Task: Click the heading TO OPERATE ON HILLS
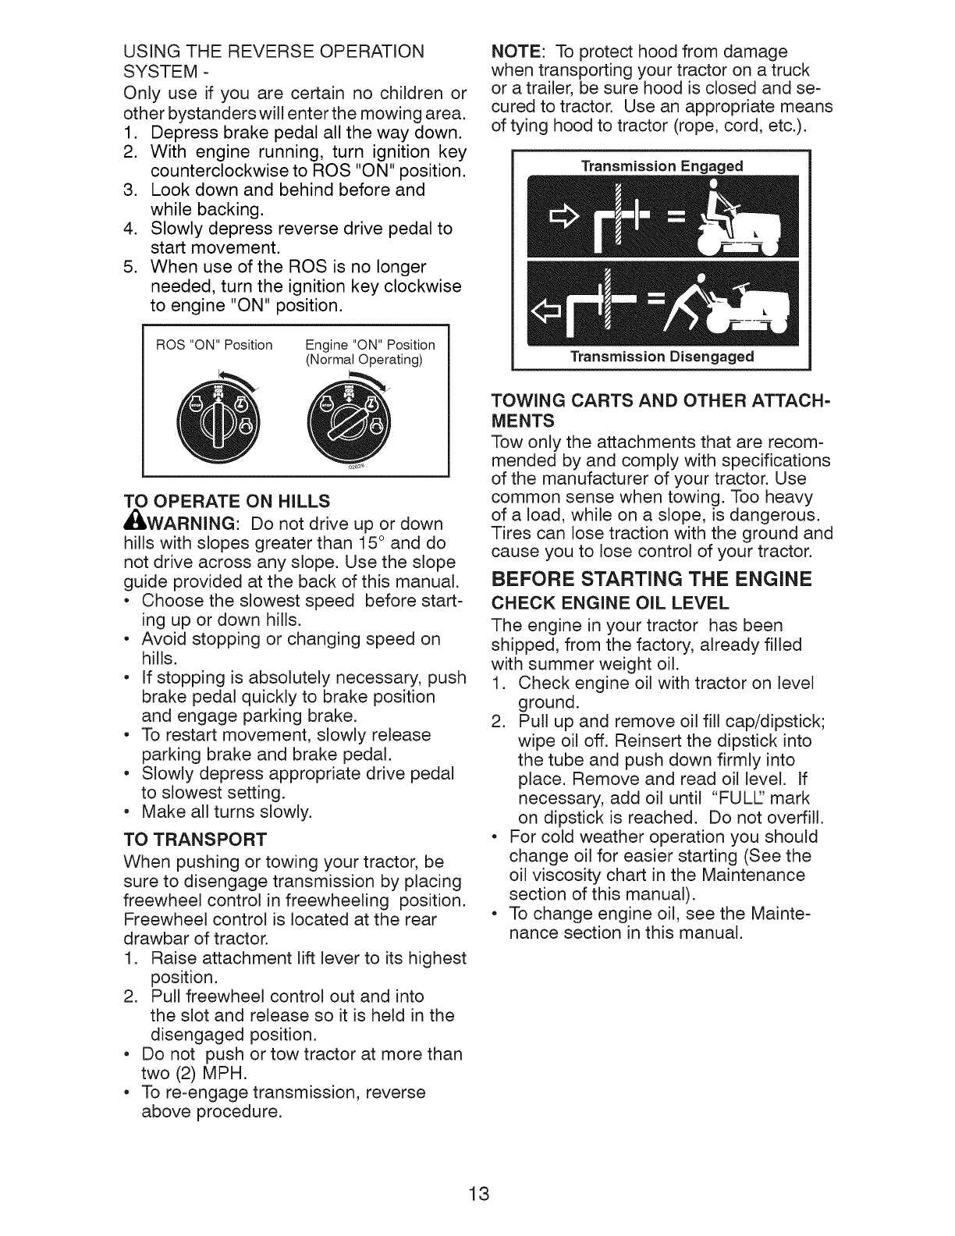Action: pos(227,500)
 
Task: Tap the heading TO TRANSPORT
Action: pos(195,840)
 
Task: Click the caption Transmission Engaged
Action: pos(662,165)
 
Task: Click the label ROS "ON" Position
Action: pos(215,345)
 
